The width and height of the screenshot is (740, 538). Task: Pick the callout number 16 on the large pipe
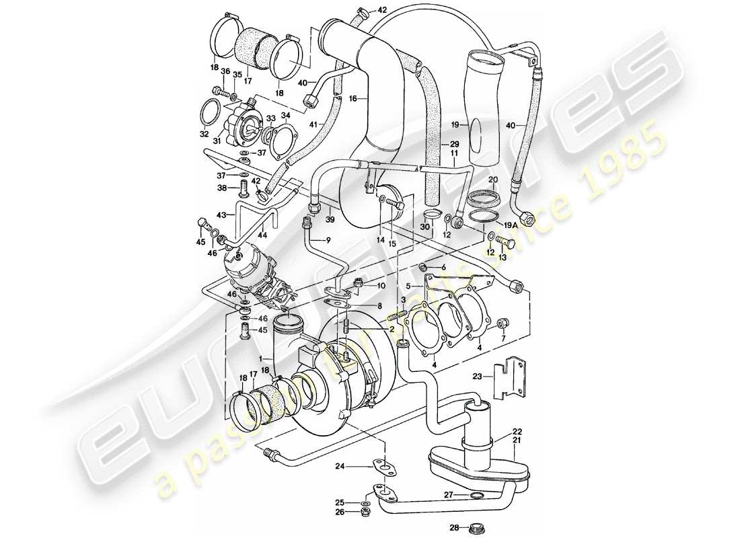352,98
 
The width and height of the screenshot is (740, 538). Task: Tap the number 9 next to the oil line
329,240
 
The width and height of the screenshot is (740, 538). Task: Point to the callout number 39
330,220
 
